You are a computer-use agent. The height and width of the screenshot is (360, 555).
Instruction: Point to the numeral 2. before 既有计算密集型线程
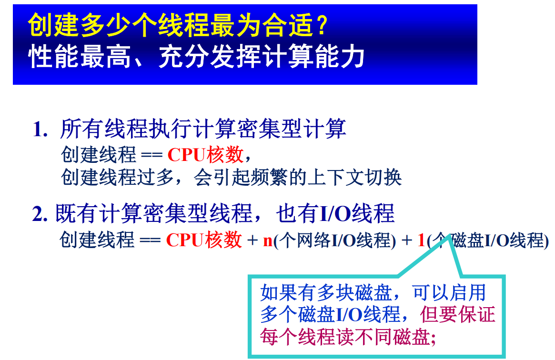tap(40, 215)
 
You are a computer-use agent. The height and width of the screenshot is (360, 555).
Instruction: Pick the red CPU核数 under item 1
tap(205, 155)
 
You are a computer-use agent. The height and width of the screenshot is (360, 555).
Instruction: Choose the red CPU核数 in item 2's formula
tap(204, 240)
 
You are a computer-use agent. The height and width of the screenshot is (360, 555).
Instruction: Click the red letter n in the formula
tap(268, 241)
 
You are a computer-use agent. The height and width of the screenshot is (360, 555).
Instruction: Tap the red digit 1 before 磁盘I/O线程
tap(421, 241)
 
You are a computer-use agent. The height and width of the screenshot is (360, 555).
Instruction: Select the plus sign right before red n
tap(252, 241)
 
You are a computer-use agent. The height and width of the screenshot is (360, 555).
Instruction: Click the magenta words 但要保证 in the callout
tap(458, 315)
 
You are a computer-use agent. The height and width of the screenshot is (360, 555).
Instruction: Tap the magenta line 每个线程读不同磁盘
tap(345, 337)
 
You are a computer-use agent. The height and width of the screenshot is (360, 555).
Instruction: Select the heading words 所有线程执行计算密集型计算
tap(203, 130)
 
